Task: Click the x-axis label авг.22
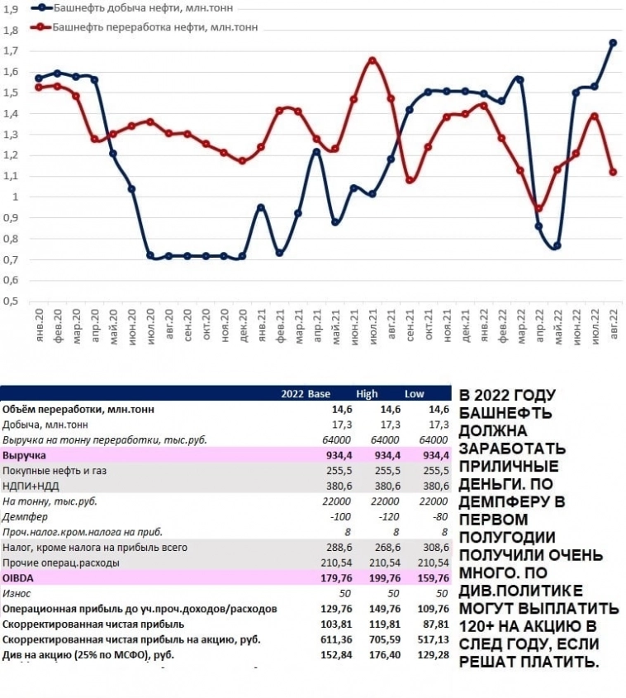click(x=614, y=321)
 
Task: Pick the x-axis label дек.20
click(x=243, y=321)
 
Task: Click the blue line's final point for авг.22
click(x=613, y=43)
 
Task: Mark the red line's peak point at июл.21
click(x=372, y=60)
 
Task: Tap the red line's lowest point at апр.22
click(x=539, y=208)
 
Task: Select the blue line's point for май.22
click(x=557, y=245)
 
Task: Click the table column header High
click(x=367, y=393)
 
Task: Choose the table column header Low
click(x=414, y=393)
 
